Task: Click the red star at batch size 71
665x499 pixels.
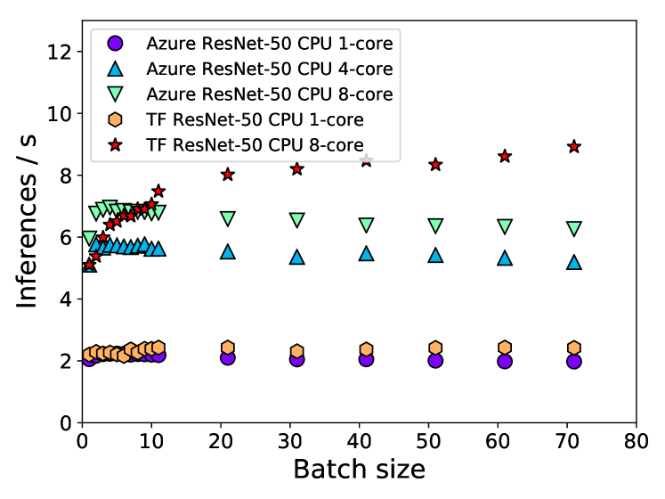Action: pyautogui.click(x=574, y=146)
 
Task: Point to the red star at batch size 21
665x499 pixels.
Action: pyautogui.click(x=228, y=175)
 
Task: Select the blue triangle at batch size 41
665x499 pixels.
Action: pyautogui.click(x=366, y=253)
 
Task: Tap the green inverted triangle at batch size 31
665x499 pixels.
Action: pyautogui.click(x=296, y=219)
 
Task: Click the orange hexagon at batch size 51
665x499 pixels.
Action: pyautogui.click(x=435, y=348)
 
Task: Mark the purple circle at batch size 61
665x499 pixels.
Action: pyautogui.click(x=505, y=361)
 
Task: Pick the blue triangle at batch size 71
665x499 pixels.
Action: pyautogui.click(x=574, y=262)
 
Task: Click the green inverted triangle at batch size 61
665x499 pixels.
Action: pyautogui.click(x=505, y=226)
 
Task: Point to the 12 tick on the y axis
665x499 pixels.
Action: pyautogui.click(x=82, y=52)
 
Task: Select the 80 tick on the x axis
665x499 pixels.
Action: pyautogui.click(x=636, y=422)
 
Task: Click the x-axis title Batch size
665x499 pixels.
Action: pyautogui.click(x=359, y=470)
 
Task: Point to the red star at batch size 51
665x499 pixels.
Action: pyautogui.click(x=435, y=165)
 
